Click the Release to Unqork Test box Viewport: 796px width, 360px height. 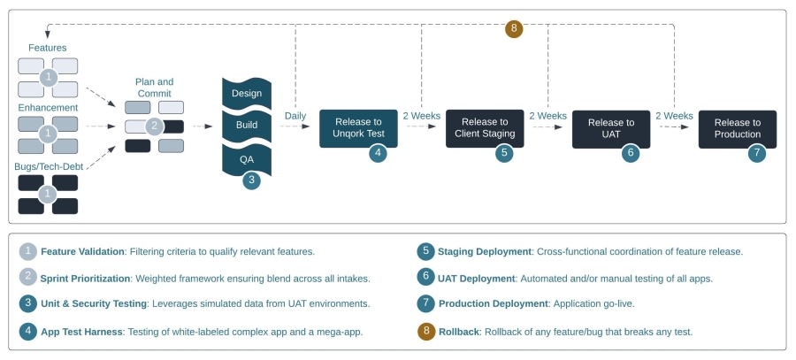[358, 128]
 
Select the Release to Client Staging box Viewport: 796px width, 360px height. [485, 128]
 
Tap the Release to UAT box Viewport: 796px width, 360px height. [611, 129]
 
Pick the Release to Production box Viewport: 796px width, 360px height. [738, 129]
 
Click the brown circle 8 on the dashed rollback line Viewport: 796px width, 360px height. [514, 28]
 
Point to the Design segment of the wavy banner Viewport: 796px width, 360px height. [247, 93]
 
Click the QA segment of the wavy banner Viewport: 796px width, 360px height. [247, 159]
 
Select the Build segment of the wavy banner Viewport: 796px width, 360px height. [247, 125]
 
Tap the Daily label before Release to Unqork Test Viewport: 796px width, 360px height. [295, 116]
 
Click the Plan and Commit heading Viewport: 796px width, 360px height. [154, 88]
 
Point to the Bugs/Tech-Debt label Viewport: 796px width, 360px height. [49, 166]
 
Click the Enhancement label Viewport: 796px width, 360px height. [49, 108]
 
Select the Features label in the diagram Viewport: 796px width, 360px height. [48, 48]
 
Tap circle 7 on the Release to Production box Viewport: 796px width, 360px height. [757, 153]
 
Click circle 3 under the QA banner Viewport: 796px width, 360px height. [251, 180]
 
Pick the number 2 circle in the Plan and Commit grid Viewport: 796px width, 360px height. [154, 126]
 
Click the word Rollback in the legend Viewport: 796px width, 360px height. [459, 332]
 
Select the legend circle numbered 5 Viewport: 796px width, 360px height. [426, 251]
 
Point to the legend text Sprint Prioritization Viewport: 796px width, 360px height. [85, 279]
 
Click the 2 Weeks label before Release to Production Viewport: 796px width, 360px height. [674, 116]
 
